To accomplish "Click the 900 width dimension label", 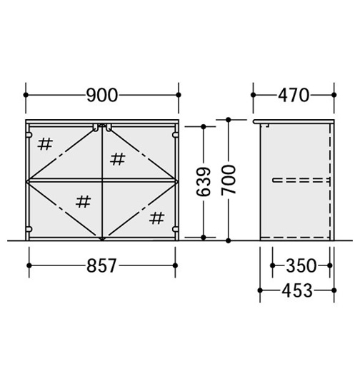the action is (102, 96).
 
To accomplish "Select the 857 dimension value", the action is (102, 265).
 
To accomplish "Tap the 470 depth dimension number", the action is (294, 96).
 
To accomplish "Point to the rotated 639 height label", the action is (203, 181).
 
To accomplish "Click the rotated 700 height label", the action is (229, 180).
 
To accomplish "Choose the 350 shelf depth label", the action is (301, 265).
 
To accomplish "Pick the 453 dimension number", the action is (297, 290).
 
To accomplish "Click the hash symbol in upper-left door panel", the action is (45, 144).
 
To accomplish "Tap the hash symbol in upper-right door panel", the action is (118, 159).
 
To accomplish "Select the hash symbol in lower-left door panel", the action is (84, 202).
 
